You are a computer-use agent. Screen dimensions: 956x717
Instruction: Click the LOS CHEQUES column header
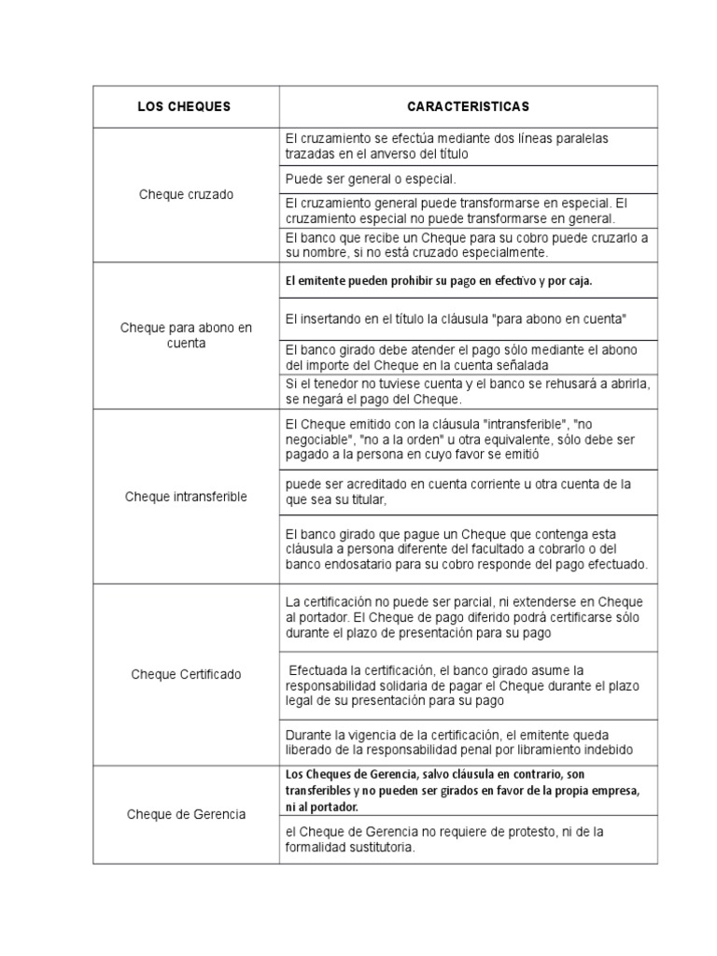click(184, 106)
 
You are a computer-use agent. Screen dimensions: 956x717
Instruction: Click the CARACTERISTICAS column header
click(468, 106)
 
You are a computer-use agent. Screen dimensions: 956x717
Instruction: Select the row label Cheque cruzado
click(186, 194)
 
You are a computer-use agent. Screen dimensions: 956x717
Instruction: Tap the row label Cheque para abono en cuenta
click(186, 335)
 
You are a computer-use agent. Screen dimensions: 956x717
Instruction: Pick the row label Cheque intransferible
click(186, 497)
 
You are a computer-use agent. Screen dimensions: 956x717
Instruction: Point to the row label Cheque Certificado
click(186, 673)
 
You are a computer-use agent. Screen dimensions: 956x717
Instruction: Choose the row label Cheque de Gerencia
click(186, 814)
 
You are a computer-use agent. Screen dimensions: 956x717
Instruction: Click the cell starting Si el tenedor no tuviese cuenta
click(468, 392)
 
